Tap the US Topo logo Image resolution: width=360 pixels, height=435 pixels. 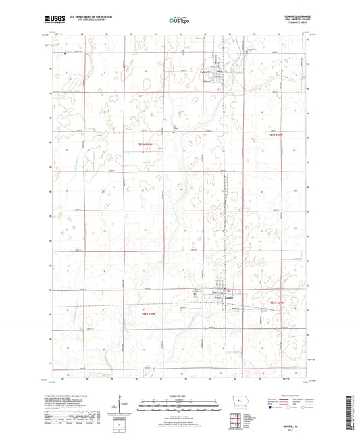(x=179, y=21)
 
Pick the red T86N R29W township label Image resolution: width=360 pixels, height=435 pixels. (x=278, y=301)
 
